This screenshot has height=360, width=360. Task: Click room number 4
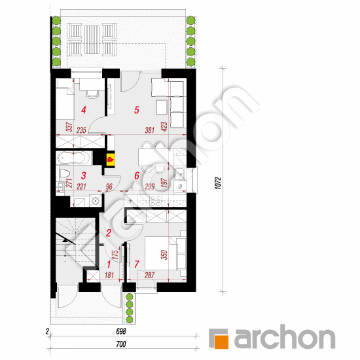click(x=83, y=110)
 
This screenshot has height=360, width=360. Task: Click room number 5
click(x=137, y=110)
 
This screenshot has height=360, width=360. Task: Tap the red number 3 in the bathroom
click(x=83, y=175)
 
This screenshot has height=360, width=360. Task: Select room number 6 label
click(x=137, y=175)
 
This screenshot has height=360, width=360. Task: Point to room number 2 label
click(x=109, y=231)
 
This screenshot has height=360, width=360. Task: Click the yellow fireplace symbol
click(x=111, y=158)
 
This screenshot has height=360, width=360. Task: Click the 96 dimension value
click(x=109, y=187)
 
